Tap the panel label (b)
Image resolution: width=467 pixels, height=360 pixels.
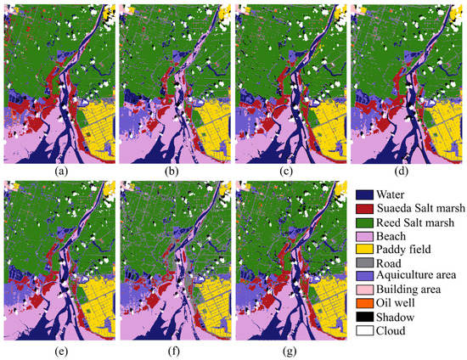click(x=172, y=172)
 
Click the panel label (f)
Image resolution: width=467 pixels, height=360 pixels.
click(x=172, y=351)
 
